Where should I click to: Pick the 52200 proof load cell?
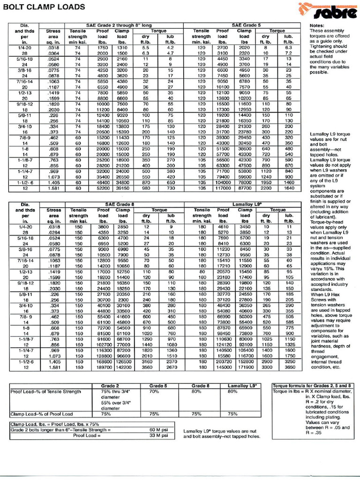coord(102,188)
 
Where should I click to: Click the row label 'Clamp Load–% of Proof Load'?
coord(42,414)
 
